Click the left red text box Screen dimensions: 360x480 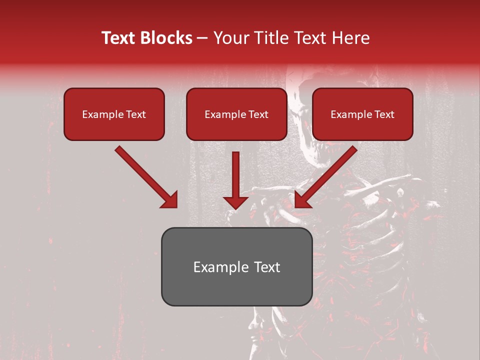114,114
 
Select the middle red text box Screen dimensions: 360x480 236,114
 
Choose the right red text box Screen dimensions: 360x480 362,114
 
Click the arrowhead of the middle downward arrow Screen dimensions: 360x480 236,202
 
